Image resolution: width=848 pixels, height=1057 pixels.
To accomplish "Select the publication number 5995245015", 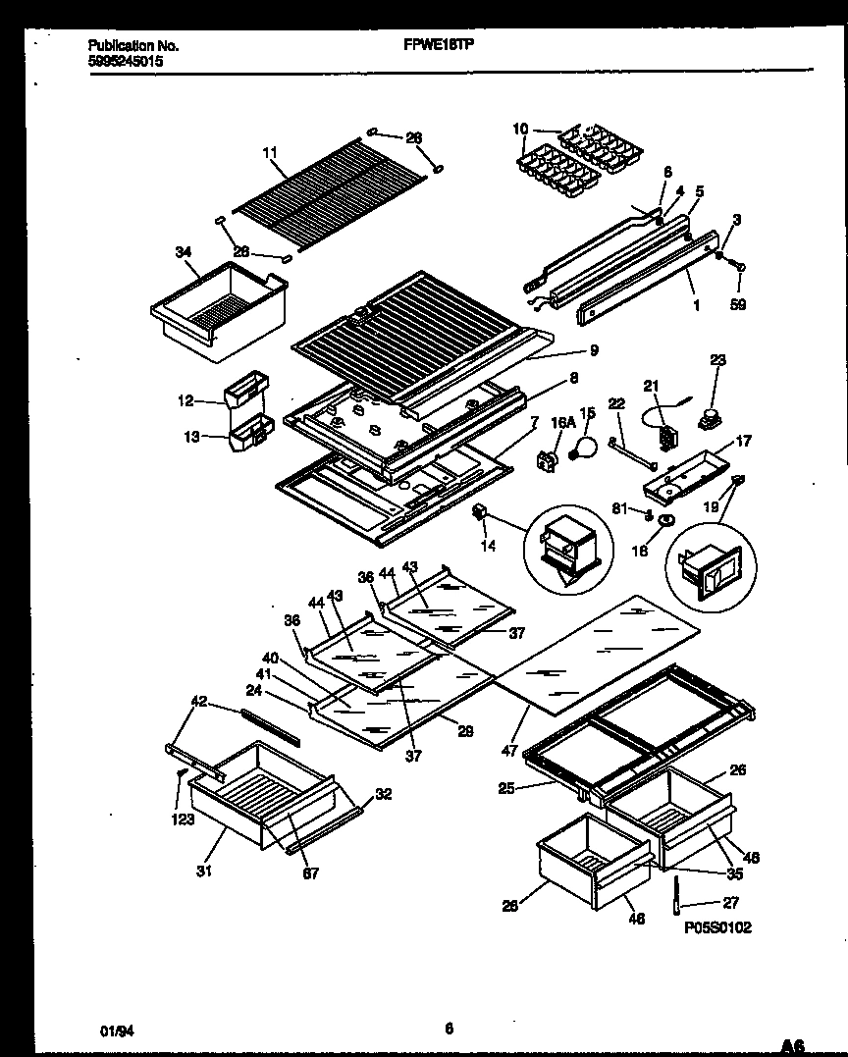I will pos(126,60).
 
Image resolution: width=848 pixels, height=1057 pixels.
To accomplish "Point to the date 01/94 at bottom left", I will pos(113,1030).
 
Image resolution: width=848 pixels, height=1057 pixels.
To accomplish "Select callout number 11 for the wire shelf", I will pos(271,152).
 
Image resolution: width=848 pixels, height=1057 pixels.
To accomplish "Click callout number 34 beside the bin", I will pos(184,252).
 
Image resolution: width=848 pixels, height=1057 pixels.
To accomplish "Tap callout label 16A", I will pos(562,421).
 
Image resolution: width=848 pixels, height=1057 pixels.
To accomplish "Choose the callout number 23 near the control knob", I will pos(717,360).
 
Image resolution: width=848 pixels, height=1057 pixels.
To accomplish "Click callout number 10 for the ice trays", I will pos(520,129).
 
